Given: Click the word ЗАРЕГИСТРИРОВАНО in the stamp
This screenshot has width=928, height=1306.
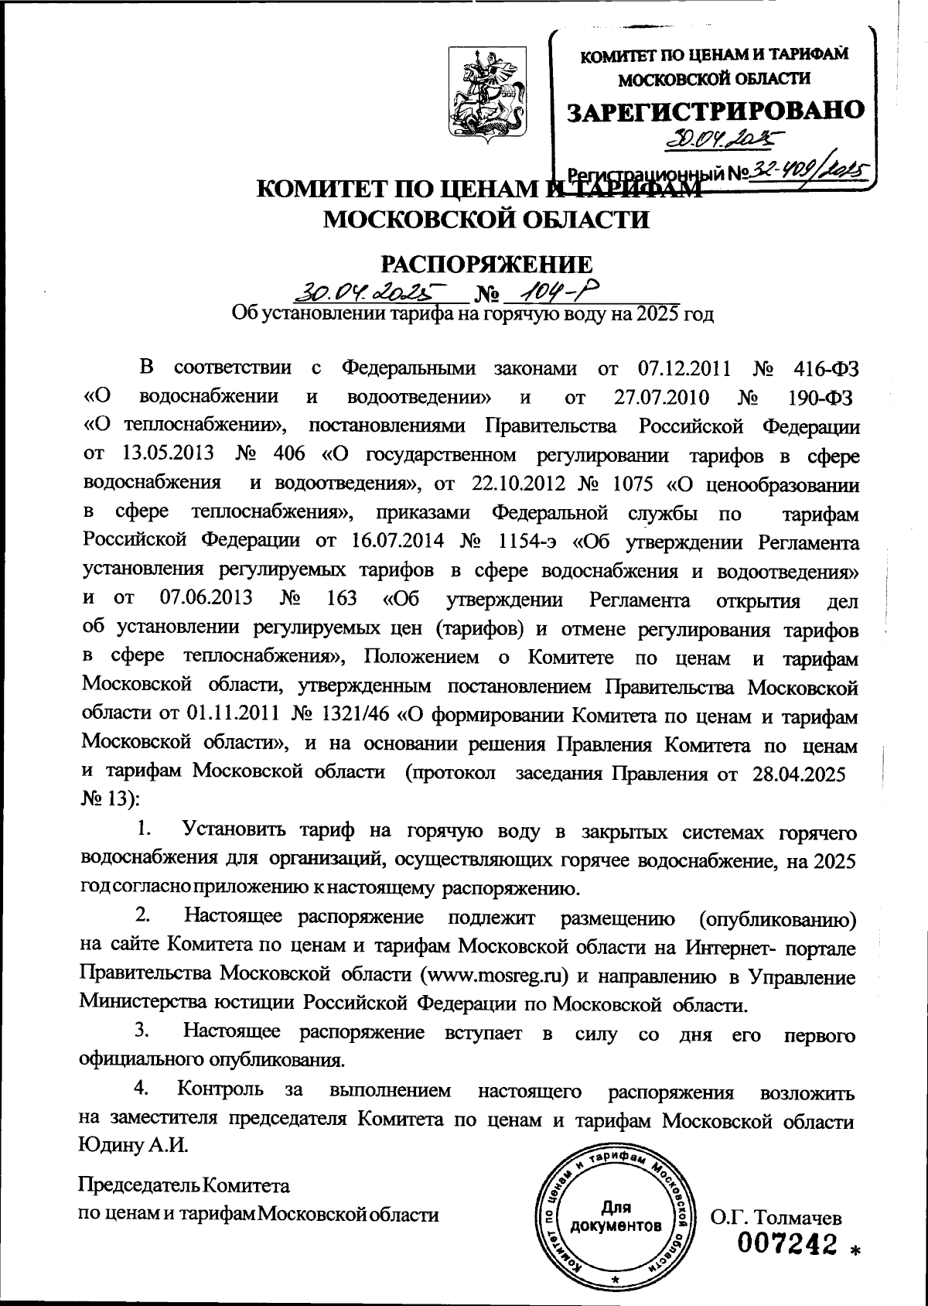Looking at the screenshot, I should point(715,110).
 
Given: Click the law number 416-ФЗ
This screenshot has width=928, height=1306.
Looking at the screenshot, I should point(826,368).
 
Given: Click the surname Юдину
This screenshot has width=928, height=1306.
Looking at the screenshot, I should point(111,1144).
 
